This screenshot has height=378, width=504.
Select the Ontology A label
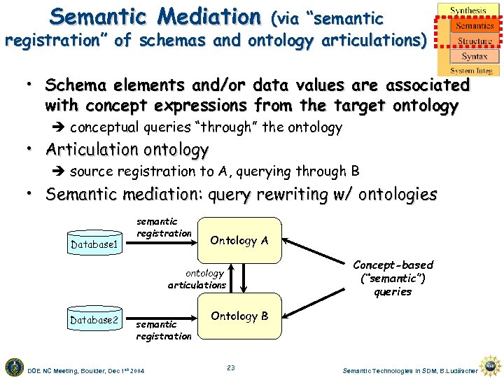(239, 240)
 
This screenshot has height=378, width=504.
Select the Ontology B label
(239, 316)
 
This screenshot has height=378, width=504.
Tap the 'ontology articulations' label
(198, 279)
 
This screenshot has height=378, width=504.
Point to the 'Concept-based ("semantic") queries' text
(393, 278)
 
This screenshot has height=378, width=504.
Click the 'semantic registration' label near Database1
(164, 227)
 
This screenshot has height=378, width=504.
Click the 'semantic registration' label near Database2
(163, 330)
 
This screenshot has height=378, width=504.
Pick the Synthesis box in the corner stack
(468, 10)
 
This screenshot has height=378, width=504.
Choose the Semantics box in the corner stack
(474, 26)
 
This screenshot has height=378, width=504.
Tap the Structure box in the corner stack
(475, 41)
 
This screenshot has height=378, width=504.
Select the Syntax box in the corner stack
(475, 56)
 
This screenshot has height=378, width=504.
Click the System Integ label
(471, 71)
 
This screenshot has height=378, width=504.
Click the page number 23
(231, 367)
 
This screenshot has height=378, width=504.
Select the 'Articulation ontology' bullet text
(127, 150)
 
